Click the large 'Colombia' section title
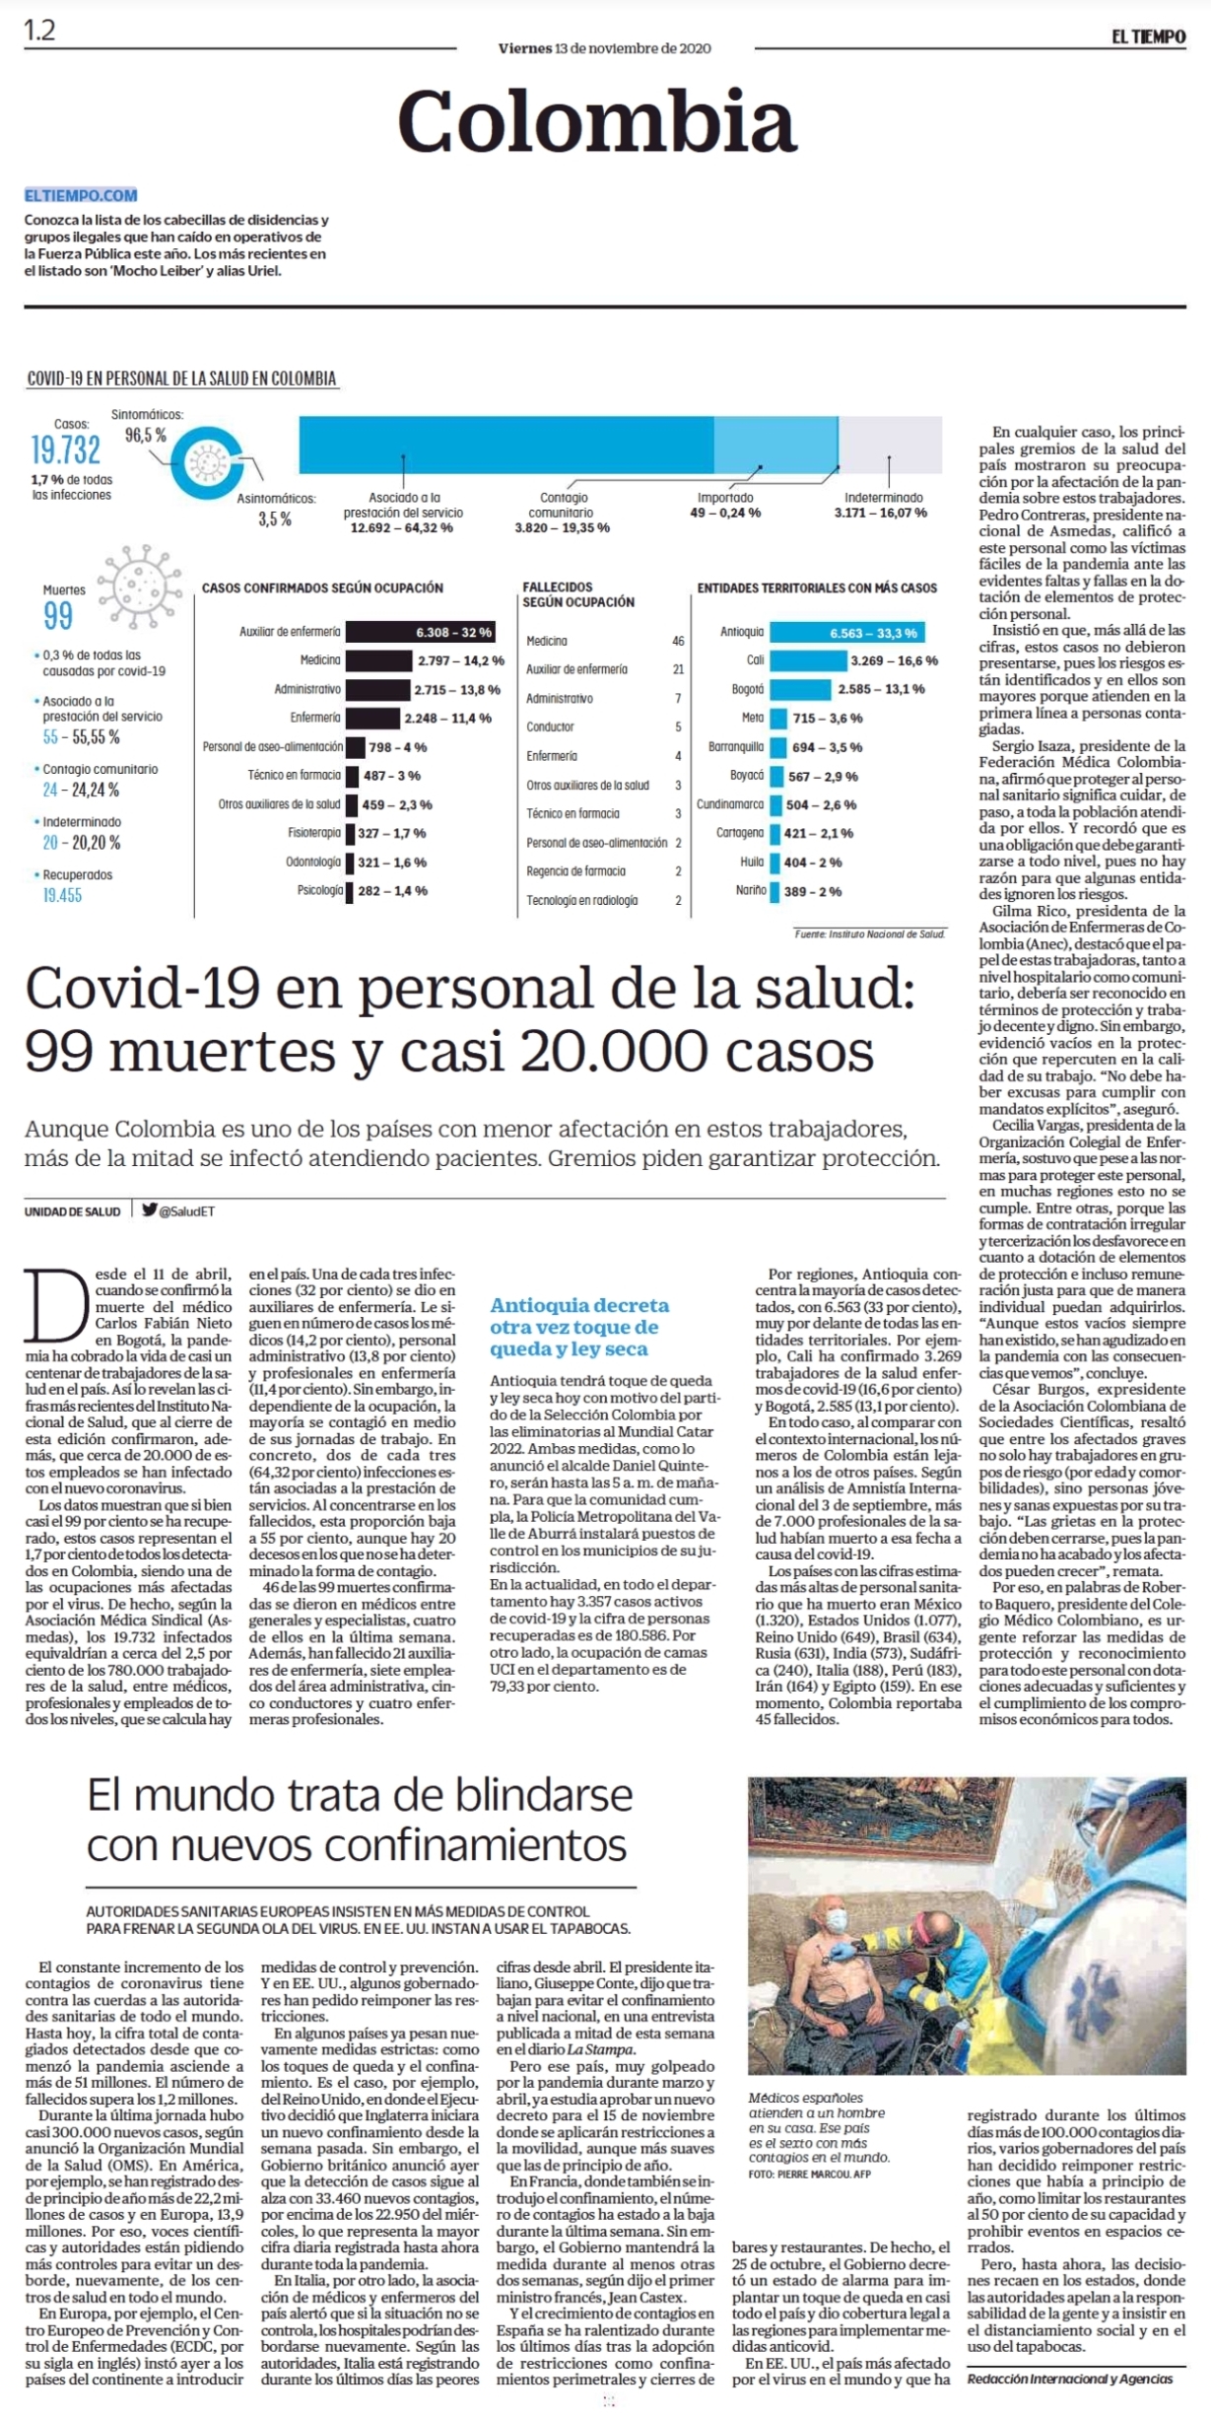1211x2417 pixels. coord(596,120)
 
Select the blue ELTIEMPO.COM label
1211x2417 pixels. coord(81,195)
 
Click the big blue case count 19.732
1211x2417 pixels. coord(65,449)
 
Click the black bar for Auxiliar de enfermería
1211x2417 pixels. coord(420,632)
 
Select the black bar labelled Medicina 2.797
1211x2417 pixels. coord(379,660)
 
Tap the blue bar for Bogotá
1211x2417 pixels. coord(801,689)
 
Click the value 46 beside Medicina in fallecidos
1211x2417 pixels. coord(678,641)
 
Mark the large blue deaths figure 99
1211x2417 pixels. coord(58,616)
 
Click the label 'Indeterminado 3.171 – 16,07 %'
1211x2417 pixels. coord(882,506)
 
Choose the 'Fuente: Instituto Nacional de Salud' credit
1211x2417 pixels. coord(870,933)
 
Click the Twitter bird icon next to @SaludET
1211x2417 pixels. coord(150,1210)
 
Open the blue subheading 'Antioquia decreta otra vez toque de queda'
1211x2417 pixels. coord(579,1327)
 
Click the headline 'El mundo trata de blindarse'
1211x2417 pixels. coord(360,1796)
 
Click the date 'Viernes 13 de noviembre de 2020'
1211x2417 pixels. coord(604,47)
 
